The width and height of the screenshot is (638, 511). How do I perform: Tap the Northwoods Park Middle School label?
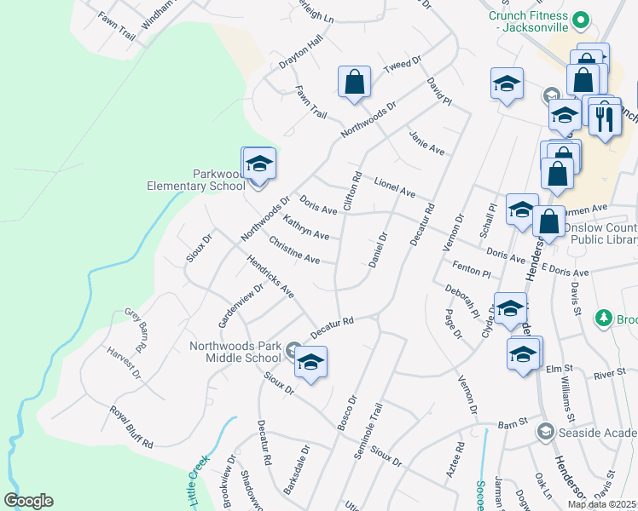click(x=235, y=353)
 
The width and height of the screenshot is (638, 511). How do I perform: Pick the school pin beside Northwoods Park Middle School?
click(x=311, y=364)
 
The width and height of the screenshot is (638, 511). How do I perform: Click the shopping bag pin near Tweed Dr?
click(x=354, y=83)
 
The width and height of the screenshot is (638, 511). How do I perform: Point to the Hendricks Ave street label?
click(x=270, y=278)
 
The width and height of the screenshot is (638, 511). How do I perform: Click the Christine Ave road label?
click(x=294, y=250)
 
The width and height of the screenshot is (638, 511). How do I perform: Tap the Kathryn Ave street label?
click(x=305, y=227)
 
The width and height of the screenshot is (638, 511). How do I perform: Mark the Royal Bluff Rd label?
click(x=130, y=427)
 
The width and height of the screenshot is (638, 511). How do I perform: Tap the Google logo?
click(x=28, y=501)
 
